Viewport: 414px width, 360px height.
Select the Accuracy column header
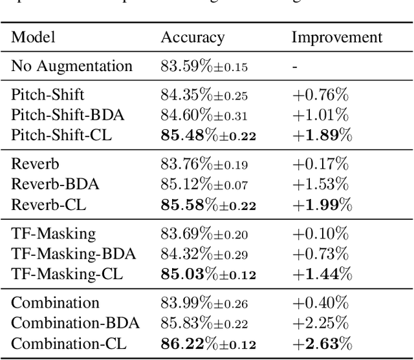(x=192, y=37)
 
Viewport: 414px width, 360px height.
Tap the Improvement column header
(x=336, y=37)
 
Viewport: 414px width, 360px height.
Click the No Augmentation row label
(x=72, y=66)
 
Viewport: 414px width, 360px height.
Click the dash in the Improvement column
(x=295, y=67)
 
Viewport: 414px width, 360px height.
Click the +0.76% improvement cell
(x=320, y=96)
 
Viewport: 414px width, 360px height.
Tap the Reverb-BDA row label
(x=56, y=184)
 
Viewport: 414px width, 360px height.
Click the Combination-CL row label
(x=67, y=343)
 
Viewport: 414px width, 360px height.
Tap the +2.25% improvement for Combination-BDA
(x=320, y=323)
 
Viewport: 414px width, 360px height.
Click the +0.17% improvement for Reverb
(x=320, y=165)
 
